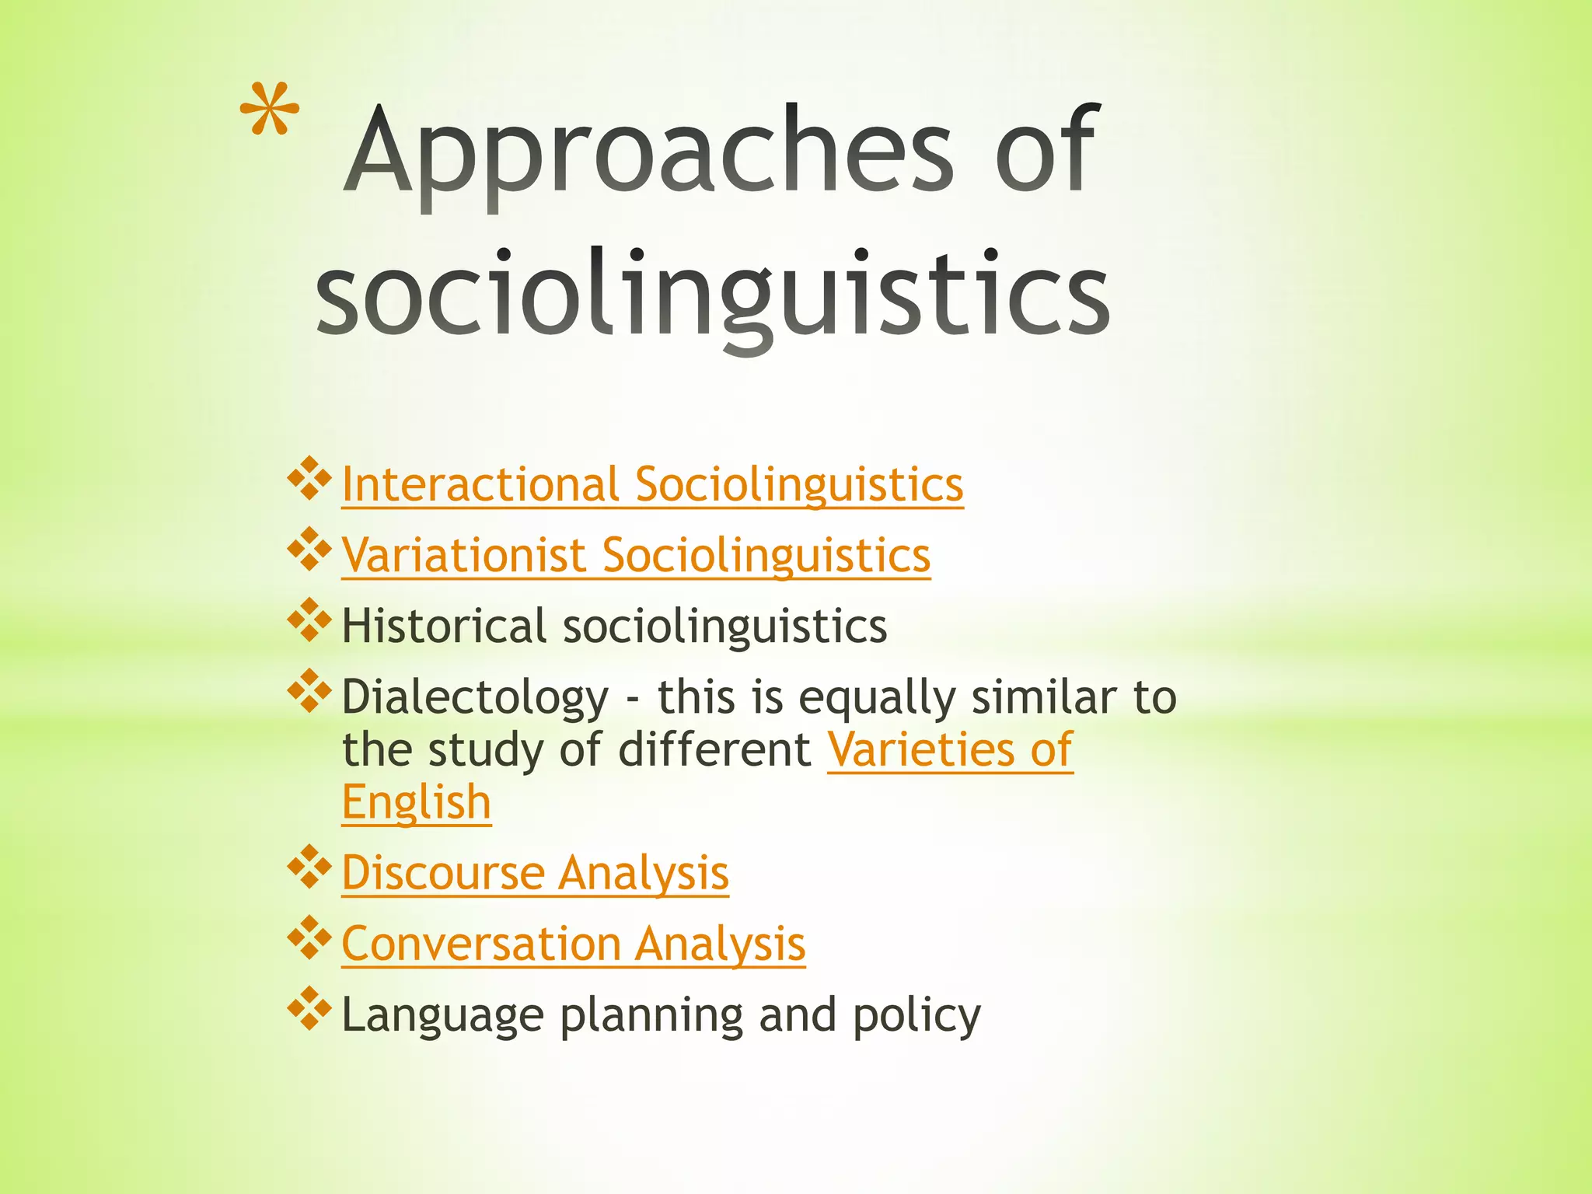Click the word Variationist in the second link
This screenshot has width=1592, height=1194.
463,555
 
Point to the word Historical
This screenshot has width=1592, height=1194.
444,626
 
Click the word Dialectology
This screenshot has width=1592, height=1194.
475,696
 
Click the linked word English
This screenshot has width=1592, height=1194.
416,801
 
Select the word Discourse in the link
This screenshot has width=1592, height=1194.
443,873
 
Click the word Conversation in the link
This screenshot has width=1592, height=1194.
481,944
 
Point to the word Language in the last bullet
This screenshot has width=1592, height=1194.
442,1015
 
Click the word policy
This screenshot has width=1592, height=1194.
916,1015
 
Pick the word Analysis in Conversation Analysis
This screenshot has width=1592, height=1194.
720,944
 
